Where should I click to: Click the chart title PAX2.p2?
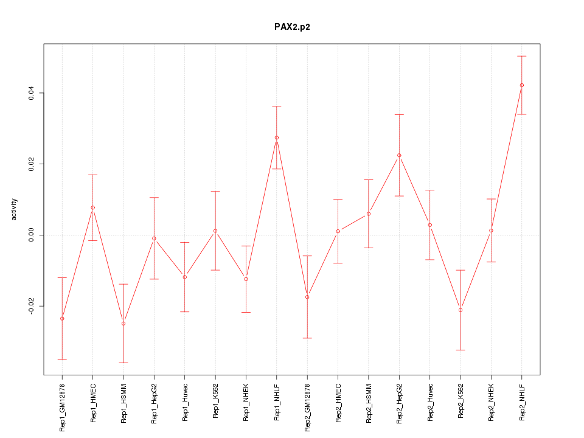click(292, 27)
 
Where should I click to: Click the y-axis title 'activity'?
click(15, 209)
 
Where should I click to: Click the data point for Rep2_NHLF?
click(521, 85)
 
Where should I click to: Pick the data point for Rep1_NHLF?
click(276, 137)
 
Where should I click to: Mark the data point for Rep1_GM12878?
click(62, 318)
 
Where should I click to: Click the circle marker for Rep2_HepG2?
click(399, 155)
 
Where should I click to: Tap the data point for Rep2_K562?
click(461, 310)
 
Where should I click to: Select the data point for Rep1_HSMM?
click(123, 323)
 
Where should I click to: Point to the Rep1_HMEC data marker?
click(92, 207)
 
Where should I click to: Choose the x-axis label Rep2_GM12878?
click(307, 406)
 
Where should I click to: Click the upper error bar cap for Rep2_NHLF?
click(521, 56)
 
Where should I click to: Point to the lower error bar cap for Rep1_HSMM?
click(123, 363)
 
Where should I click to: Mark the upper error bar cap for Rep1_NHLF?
click(276, 106)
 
